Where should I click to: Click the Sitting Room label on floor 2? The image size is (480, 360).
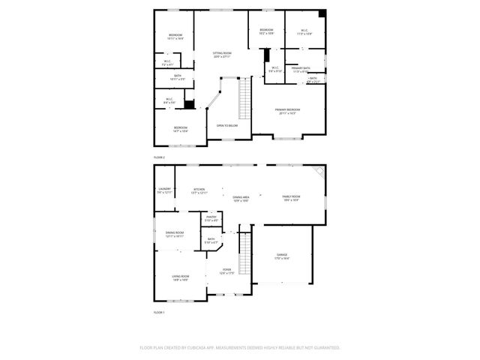tap(222, 54)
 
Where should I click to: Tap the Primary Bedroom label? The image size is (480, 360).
tap(288, 111)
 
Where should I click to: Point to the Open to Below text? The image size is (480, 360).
tap(227, 126)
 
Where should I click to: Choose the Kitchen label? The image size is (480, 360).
tap(199, 190)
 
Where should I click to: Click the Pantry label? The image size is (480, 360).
tap(211, 218)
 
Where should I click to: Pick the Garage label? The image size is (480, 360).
tap(282, 256)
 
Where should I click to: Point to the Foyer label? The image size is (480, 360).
tap(226, 271)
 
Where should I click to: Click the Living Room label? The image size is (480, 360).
tap(180, 277)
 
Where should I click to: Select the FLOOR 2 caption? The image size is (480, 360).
tap(159, 157)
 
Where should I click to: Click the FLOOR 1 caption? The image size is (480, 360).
tap(159, 312)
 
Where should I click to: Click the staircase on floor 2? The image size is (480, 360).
tap(244, 97)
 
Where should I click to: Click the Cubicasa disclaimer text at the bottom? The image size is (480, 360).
tap(240, 348)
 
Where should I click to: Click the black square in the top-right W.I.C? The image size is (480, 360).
tap(322, 14)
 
